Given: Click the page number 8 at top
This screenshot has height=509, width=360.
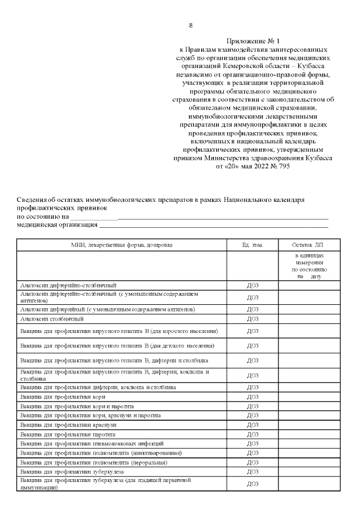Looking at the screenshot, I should [191, 26].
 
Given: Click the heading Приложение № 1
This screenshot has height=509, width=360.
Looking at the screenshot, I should [253, 42].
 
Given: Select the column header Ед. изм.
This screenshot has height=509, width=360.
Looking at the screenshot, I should [252, 245].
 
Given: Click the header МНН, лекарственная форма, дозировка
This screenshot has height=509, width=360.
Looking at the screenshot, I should [121, 245].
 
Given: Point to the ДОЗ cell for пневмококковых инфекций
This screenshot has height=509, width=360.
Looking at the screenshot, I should [252, 444].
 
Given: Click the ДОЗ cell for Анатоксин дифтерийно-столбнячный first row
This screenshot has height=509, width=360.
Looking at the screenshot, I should [252, 285].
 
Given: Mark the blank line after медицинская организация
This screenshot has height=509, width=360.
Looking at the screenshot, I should [213, 225].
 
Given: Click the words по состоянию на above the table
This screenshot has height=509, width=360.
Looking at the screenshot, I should [42, 217].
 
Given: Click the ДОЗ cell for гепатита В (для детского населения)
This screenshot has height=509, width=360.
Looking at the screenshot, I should [252, 345].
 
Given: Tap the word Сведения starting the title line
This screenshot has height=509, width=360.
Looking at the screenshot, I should [32, 200].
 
